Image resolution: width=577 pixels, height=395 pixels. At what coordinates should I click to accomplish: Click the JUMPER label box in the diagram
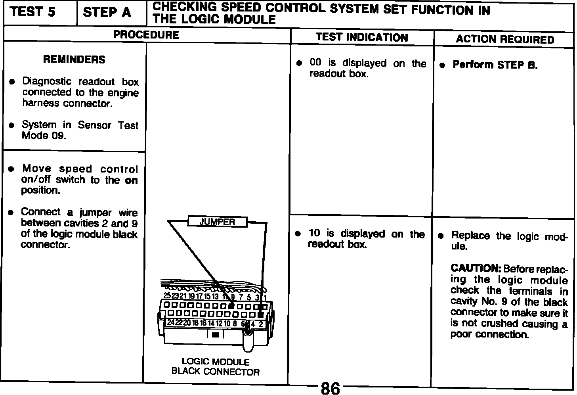[x=217, y=222]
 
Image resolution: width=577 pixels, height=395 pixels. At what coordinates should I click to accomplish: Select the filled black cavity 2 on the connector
[x=260, y=314]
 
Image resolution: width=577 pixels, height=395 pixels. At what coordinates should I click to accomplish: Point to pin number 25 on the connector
[x=167, y=296]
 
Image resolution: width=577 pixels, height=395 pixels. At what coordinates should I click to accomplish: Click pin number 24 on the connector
[x=170, y=323]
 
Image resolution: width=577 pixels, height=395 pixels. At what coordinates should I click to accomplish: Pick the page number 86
[x=330, y=388]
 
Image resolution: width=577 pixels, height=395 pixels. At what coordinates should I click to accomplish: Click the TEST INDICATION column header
[x=362, y=37]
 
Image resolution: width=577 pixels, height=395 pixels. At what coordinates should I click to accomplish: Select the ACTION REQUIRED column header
[x=504, y=39]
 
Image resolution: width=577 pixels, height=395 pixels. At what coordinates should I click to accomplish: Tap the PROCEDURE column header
[x=146, y=35]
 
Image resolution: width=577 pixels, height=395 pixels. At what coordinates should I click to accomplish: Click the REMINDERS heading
[x=74, y=59]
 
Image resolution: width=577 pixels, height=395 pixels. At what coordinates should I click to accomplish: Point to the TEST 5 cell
[x=33, y=13]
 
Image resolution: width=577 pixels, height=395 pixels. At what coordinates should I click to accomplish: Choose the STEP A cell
[x=107, y=13]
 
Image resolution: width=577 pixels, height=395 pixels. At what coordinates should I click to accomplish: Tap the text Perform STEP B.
[x=495, y=65]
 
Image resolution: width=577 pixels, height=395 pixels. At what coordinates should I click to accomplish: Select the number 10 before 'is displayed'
[x=314, y=233]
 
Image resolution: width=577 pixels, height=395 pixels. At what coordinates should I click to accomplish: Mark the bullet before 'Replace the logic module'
[x=441, y=236]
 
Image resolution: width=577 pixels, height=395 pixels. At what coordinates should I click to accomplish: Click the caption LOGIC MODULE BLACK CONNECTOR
[x=216, y=366]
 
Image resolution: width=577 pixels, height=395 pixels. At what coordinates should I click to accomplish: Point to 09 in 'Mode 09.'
[x=57, y=135]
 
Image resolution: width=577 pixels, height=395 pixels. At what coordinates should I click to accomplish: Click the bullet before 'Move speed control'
[x=12, y=169]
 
